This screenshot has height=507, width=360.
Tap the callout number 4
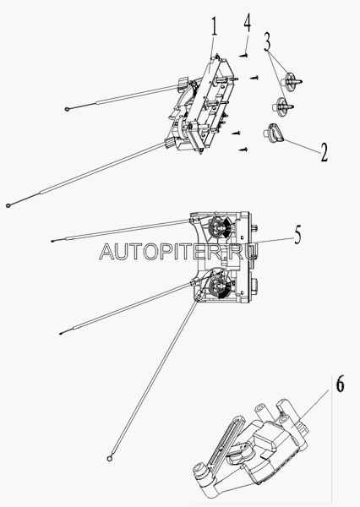coord(247,22)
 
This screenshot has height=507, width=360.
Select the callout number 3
coord(267,41)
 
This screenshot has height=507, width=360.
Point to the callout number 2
coord(324,152)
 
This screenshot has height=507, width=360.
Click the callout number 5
coord(297,234)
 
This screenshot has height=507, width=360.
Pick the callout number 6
coord(340,384)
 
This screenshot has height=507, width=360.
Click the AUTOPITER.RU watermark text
coord(179,251)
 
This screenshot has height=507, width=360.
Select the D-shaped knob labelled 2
coord(273,133)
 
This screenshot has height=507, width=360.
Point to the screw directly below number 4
coord(244,56)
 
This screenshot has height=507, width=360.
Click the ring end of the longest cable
coord(110,457)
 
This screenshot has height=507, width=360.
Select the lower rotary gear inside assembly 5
coord(219,286)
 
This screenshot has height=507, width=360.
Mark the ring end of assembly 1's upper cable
coord(68,109)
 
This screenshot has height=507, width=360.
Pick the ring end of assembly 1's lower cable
coord(8,205)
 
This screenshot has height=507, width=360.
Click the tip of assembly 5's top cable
coord(52,241)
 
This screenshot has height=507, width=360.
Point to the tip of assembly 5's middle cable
coord(61,333)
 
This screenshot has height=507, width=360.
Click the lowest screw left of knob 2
coord(243,150)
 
